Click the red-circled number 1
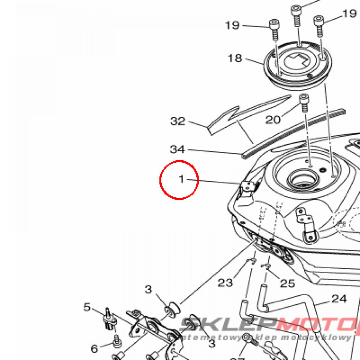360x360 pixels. [181, 179]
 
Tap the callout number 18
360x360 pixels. [235, 58]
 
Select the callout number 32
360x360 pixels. [178, 121]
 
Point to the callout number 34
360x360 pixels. [177, 149]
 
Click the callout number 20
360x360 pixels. [273, 120]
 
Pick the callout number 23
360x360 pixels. [225, 282]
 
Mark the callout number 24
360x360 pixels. [339, 299]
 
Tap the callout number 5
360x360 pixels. [87, 307]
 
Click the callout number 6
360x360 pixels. [94, 349]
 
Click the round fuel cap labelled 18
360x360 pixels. [297, 66]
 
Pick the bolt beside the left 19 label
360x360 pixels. [274, 29]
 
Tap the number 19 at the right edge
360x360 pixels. [349, 14]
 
